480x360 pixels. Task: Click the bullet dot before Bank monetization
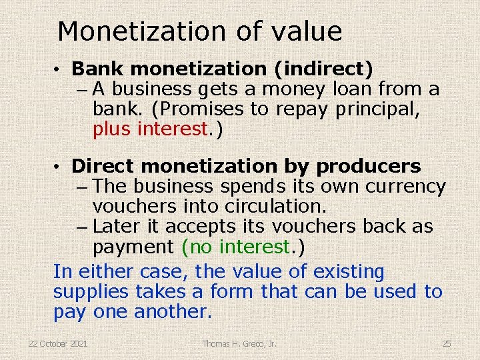[x=59, y=69]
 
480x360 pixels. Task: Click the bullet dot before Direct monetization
[x=59, y=167]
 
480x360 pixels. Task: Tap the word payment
[x=133, y=247]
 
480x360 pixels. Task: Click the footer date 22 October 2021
[x=57, y=343]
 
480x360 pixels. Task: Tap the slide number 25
[x=447, y=343]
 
